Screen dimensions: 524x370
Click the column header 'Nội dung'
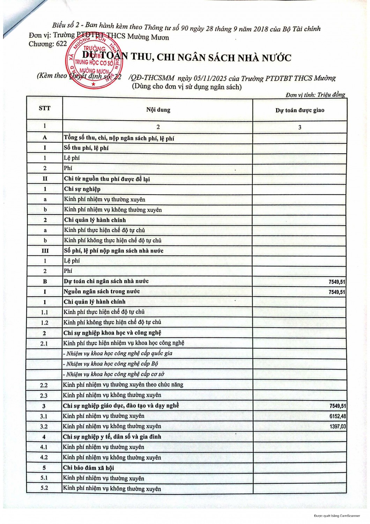pyautogui.click(x=158, y=110)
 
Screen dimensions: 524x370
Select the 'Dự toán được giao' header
pyautogui.click(x=299, y=110)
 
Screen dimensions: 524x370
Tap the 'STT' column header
pyautogui.click(x=44, y=108)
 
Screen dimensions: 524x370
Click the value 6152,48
pyautogui.click(x=338, y=416)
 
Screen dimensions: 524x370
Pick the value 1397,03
pyautogui.click(x=338, y=427)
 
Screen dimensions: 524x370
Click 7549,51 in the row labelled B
pyautogui.click(x=337, y=282)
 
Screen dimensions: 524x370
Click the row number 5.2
pyautogui.click(x=44, y=488)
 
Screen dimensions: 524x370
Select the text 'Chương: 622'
pyautogui.click(x=47, y=44)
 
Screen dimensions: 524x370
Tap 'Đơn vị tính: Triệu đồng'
pyautogui.click(x=315, y=95)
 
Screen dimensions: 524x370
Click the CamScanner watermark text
pyautogui.click(x=336, y=516)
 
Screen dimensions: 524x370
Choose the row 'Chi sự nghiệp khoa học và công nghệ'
pyautogui.click(x=112, y=333)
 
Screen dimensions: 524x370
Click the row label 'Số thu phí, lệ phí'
pyautogui.click(x=86, y=148)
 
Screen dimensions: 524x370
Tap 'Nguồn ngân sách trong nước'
pyautogui.click(x=102, y=291)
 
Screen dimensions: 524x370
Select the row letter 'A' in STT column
pyautogui.click(x=44, y=138)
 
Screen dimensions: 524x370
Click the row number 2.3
pyautogui.click(x=44, y=395)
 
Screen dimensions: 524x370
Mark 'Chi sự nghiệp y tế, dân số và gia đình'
pyautogui.click(x=112, y=437)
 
